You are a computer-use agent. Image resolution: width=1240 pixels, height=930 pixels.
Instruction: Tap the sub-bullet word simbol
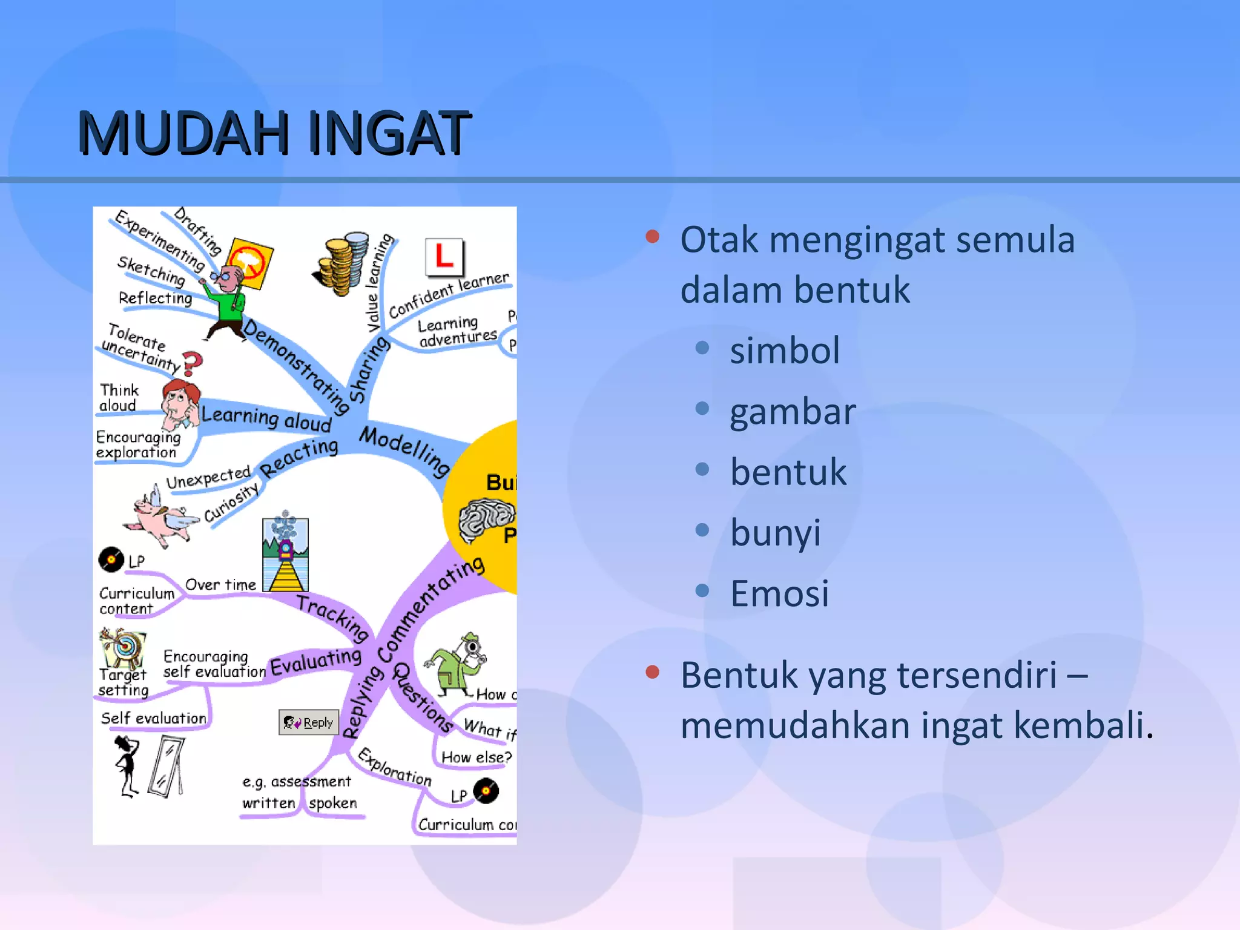pos(785,351)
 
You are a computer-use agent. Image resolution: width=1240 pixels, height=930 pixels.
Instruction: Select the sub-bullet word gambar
pos(793,412)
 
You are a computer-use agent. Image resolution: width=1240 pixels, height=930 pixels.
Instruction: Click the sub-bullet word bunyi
pos(775,533)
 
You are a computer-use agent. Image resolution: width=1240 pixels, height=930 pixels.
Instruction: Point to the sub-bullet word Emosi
pos(779,593)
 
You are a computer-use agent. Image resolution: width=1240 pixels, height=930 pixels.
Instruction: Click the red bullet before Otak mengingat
pos(652,236)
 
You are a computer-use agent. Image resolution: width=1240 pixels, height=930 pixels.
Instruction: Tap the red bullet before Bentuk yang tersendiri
pos(652,672)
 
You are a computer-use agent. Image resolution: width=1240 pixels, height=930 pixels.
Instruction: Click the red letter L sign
pos(444,257)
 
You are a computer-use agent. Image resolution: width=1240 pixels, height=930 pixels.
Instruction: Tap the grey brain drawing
pos(484,519)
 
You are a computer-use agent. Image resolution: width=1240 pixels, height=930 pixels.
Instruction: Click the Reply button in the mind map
pos(309,722)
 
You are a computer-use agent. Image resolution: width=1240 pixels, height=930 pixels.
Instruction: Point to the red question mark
pos(192,363)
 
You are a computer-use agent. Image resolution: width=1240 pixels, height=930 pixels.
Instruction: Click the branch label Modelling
pos(404,450)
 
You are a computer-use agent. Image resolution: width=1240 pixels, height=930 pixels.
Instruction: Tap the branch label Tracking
pos(334,616)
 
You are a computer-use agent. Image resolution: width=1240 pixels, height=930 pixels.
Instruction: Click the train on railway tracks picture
pos(285,554)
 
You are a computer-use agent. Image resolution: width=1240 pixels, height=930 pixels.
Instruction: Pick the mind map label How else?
pos(477,757)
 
